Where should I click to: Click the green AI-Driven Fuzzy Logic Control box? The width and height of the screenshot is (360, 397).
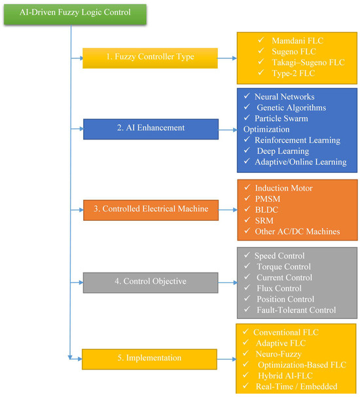click(75, 14)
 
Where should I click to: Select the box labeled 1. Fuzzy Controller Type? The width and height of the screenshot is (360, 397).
click(150, 58)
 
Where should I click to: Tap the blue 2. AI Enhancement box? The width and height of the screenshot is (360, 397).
click(151, 129)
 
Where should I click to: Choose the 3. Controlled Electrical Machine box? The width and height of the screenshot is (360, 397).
click(151, 210)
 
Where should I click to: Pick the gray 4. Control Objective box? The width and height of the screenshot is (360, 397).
click(151, 282)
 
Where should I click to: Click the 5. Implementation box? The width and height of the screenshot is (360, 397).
click(149, 359)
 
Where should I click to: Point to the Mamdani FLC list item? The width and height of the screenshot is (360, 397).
click(298, 41)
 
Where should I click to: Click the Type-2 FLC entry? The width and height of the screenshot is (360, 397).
click(293, 73)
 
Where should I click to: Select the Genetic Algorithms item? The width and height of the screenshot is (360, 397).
click(291, 107)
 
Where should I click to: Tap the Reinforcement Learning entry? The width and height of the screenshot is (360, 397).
click(297, 140)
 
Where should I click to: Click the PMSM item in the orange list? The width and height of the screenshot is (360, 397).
click(268, 198)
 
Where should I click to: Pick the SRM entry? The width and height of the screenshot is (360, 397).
click(264, 221)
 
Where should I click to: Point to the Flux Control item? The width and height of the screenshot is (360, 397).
click(279, 288)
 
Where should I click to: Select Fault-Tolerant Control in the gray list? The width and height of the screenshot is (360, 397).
click(297, 310)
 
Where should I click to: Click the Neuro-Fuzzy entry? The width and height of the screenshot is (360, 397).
click(278, 354)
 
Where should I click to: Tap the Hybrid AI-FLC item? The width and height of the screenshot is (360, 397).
click(285, 375)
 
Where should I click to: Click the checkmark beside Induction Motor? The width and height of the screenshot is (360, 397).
click(247, 187)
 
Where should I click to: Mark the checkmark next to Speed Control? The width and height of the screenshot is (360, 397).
click(247, 255)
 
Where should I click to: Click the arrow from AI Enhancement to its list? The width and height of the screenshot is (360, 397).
click(228, 130)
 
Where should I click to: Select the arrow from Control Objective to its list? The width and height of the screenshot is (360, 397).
click(228, 282)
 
